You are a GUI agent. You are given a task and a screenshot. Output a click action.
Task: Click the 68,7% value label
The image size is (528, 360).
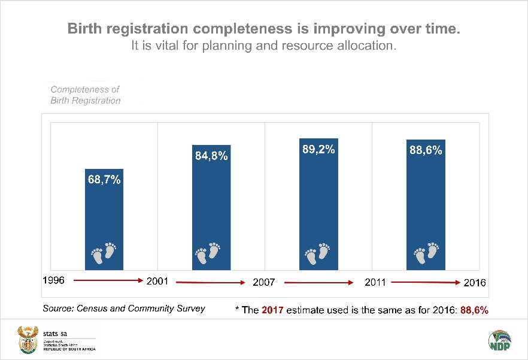[x=105, y=179]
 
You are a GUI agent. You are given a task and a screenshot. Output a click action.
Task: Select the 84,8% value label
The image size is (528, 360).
[x=211, y=156]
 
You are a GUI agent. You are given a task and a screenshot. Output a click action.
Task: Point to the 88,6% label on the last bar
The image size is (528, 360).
[x=426, y=150]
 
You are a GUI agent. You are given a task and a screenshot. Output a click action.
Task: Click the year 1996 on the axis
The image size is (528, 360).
[x=54, y=280]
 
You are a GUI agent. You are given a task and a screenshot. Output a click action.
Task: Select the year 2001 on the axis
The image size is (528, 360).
[x=158, y=281]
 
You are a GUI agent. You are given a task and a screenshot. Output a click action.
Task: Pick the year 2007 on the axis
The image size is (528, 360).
[x=264, y=282]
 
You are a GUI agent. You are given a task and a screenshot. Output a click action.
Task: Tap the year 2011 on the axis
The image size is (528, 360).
[x=375, y=282]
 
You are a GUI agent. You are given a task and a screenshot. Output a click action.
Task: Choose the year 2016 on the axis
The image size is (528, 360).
[x=475, y=282]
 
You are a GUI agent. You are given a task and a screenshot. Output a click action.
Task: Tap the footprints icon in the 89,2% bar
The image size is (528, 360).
[x=318, y=253]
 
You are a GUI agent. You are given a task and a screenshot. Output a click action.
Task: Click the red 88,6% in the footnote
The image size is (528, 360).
[x=474, y=310]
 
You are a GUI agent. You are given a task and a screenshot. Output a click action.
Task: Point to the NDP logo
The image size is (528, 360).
[x=500, y=342]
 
